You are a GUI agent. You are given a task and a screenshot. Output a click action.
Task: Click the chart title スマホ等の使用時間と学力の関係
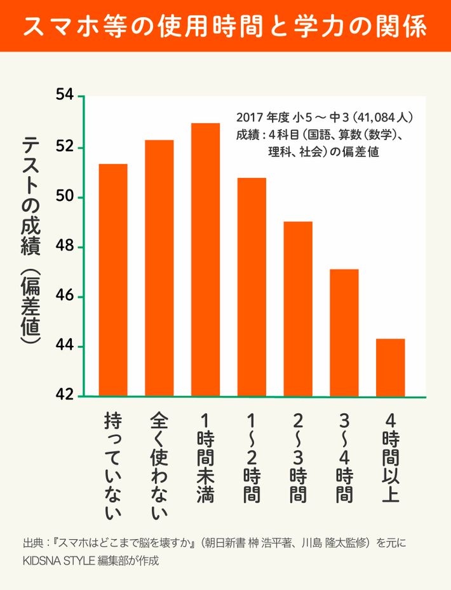click(x=225, y=27)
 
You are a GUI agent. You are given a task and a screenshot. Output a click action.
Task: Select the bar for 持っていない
click(x=113, y=280)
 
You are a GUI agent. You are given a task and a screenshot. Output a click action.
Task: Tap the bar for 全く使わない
click(x=159, y=268)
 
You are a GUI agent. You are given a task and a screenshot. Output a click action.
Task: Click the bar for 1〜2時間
click(x=252, y=287)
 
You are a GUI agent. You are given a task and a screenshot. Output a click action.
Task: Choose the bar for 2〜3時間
click(x=298, y=309)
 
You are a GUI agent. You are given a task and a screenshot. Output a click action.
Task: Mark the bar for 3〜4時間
click(x=344, y=333)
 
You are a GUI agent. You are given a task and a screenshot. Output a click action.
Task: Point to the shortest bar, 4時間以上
click(x=391, y=367)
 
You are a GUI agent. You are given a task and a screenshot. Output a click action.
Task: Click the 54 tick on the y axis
click(x=65, y=97)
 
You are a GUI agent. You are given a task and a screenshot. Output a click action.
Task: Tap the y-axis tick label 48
click(x=65, y=247)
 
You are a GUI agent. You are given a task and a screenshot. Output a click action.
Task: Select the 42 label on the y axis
click(x=65, y=396)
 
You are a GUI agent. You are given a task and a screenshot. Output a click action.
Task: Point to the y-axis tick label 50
click(x=65, y=197)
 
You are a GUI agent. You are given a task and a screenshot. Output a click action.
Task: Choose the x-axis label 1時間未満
click(x=205, y=458)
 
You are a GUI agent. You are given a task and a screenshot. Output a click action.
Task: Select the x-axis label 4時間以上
click(x=391, y=458)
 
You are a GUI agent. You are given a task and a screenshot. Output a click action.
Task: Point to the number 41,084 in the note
click(x=380, y=117)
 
